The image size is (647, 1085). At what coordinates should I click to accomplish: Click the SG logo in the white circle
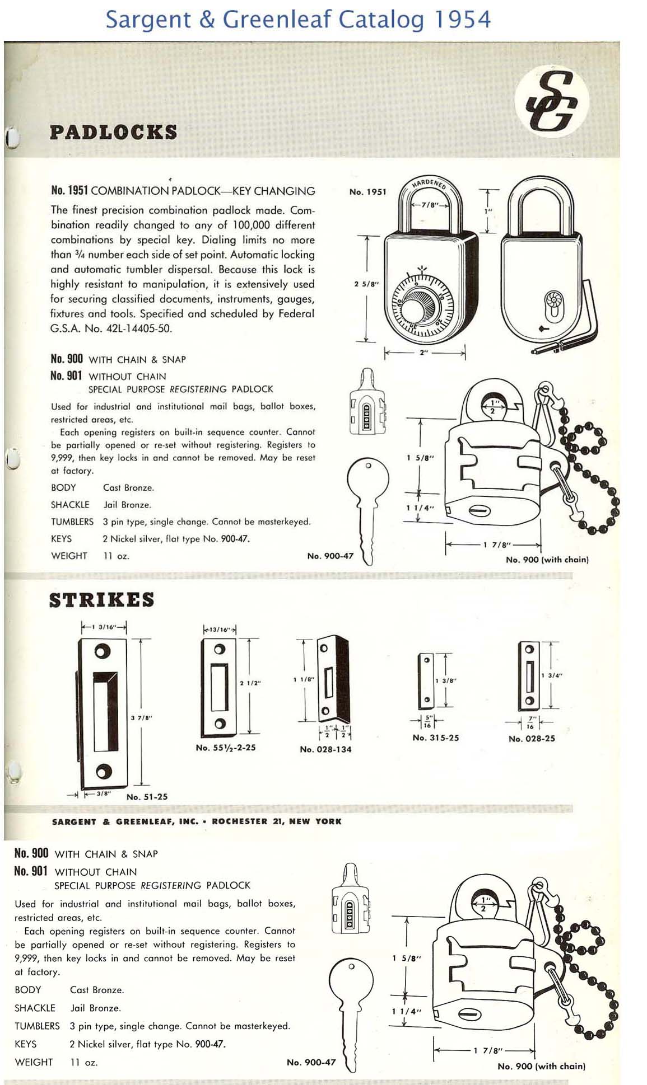(x=551, y=101)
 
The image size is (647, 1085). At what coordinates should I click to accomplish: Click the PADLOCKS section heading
(x=113, y=133)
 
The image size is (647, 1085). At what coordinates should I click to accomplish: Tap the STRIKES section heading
(x=101, y=600)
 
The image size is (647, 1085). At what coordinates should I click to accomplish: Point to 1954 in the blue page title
(x=462, y=20)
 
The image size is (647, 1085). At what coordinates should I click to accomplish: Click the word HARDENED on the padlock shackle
(x=429, y=183)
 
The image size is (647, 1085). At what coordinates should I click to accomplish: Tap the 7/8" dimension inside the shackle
(x=430, y=205)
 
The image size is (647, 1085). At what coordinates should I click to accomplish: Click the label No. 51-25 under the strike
(x=147, y=797)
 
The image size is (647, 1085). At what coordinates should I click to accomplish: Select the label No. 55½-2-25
(x=226, y=748)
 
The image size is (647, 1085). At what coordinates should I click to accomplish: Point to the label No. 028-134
(x=325, y=749)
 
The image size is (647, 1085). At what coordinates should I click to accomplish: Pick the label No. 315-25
(x=435, y=738)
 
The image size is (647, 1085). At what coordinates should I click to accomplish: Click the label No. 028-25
(x=532, y=739)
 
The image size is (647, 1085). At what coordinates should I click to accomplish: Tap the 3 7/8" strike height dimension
(x=141, y=717)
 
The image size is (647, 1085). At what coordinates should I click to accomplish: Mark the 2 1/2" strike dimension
(x=250, y=683)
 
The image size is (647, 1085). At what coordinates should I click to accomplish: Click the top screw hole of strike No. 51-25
(x=103, y=651)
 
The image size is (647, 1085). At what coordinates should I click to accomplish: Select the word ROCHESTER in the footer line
(x=239, y=821)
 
